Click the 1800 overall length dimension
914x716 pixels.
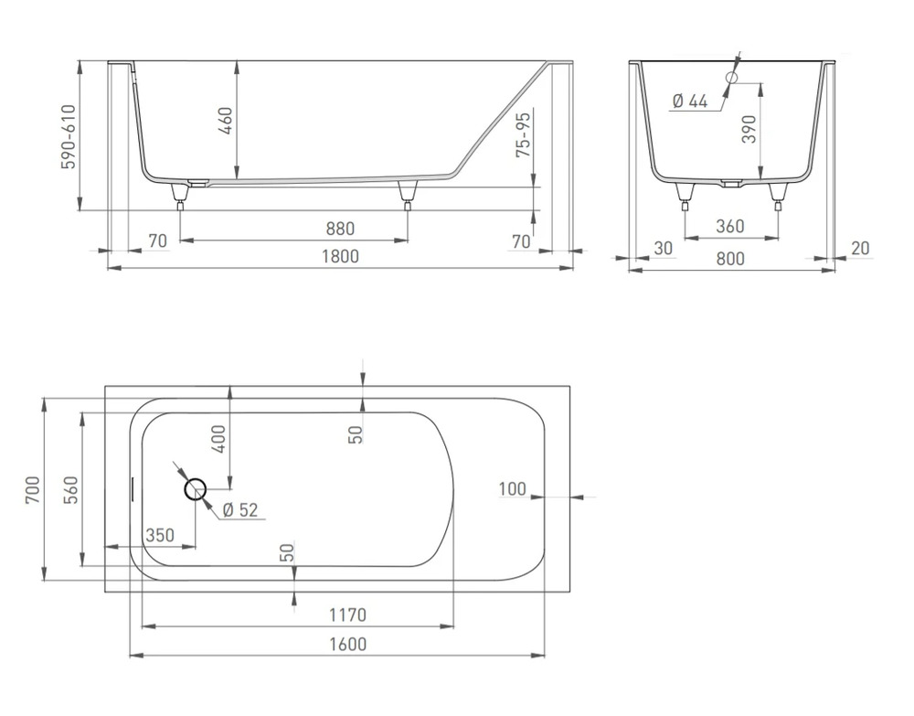point(341,257)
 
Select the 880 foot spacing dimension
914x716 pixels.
point(340,229)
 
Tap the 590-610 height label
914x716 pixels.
point(69,137)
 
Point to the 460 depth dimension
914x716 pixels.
point(226,120)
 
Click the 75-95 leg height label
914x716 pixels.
point(524,134)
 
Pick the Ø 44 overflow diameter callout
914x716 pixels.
point(690,102)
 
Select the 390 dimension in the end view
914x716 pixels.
point(749,129)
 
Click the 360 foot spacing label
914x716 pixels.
point(729,226)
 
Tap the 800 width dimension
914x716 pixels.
point(730,258)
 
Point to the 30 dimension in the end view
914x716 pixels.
point(664,249)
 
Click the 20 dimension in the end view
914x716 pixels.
point(860,249)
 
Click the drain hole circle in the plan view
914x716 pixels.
point(196,490)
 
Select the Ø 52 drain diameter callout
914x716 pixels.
point(240,510)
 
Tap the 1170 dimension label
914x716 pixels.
point(348,615)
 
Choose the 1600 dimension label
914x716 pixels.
point(348,645)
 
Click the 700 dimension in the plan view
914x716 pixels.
point(33,490)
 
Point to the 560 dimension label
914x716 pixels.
point(70,490)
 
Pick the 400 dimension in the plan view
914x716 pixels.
point(218,439)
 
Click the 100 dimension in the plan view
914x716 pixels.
point(513,488)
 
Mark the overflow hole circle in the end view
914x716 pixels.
point(731,77)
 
